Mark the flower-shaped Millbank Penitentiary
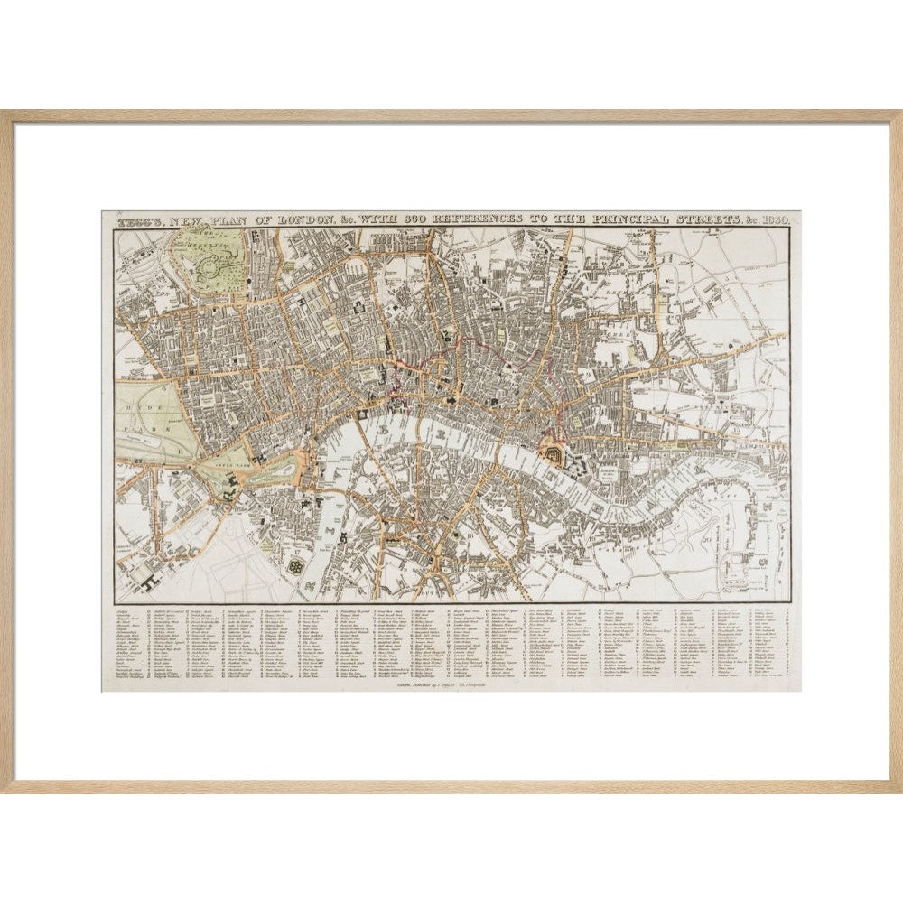tap(295, 564)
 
